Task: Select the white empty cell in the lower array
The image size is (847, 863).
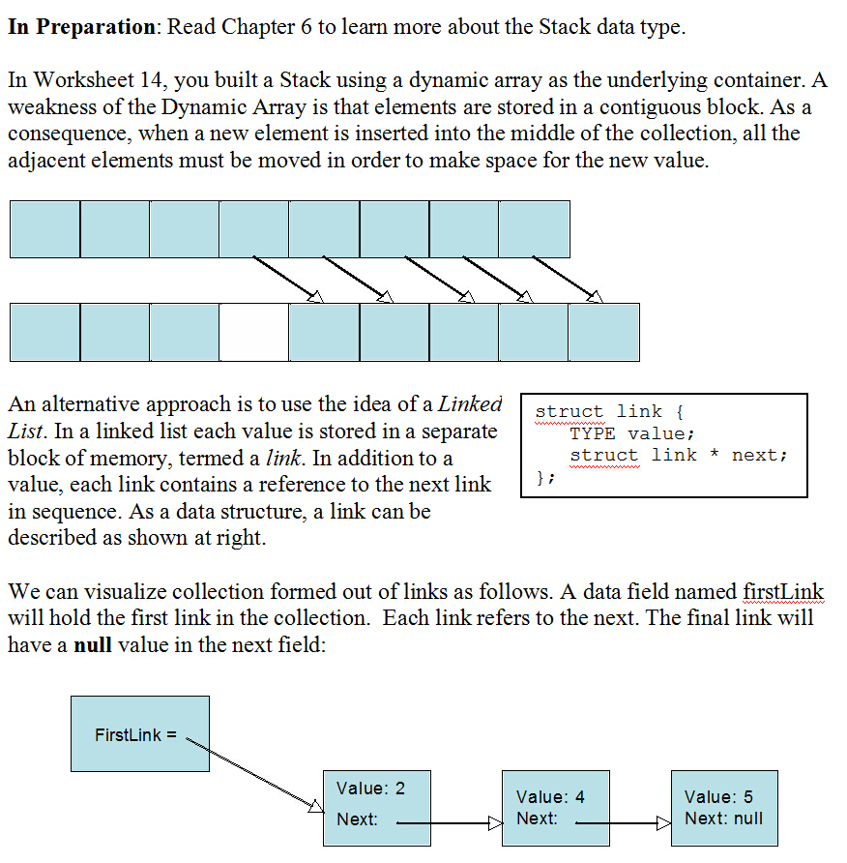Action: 253,332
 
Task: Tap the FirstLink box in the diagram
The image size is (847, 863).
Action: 139,734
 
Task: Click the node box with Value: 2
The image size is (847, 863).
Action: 376,807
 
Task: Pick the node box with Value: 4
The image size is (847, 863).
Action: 555,808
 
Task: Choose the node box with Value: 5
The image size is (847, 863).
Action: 722,808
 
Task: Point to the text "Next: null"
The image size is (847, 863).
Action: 723,818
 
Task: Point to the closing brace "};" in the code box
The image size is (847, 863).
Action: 544,476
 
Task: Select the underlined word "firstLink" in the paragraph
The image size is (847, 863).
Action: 783,591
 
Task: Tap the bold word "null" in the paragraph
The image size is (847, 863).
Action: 93,644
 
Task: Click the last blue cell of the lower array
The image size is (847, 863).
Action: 603,332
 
